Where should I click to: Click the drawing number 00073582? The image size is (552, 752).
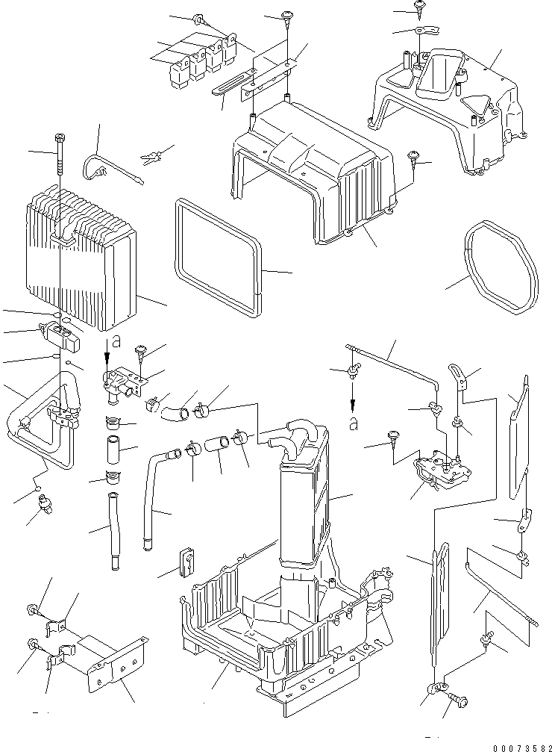(x=512, y=745)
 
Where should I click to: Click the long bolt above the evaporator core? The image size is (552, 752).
(x=58, y=161)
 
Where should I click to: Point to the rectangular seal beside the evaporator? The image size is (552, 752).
(x=219, y=253)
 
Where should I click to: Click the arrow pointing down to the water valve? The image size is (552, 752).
(x=106, y=349)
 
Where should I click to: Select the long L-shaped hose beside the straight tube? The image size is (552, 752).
(x=153, y=493)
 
